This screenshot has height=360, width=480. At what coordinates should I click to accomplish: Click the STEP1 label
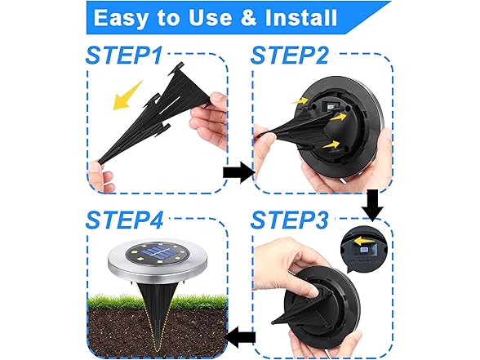tap(127, 56)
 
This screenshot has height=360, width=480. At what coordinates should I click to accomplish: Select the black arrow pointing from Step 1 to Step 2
tap(238, 172)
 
